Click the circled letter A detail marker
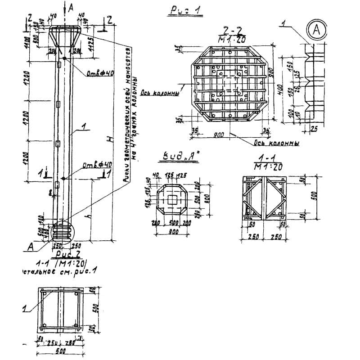pyautogui.click(x=316, y=30)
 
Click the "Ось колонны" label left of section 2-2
pyautogui.click(x=160, y=94)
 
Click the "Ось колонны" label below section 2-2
pyautogui.click(x=278, y=144)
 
